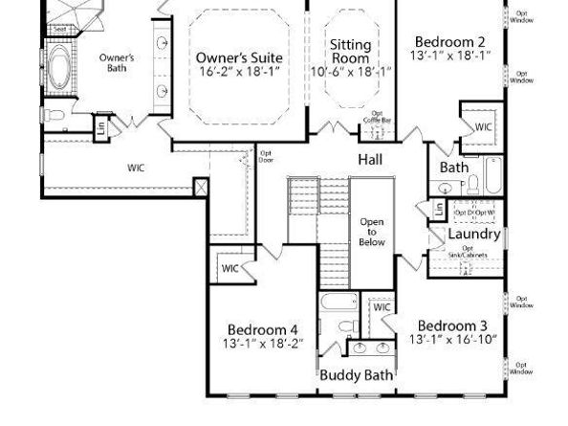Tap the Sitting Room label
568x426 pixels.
pos(351,52)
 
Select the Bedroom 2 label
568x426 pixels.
pos(449,41)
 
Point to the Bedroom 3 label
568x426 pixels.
pos(453,325)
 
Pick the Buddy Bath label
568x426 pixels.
pos(357,375)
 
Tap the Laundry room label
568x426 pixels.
pos(474,234)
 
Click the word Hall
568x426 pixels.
pos(371,158)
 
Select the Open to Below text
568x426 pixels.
pos(371,232)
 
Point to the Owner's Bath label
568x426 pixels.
pos(117,62)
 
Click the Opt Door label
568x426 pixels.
pos(266,156)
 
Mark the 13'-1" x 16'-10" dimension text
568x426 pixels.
pos(453,340)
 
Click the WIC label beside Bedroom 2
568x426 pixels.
pos(483,127)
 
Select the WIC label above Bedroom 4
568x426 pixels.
pos(230,269)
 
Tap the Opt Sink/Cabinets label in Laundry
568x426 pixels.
pos(474,254)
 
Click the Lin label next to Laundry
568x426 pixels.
pos(439,209)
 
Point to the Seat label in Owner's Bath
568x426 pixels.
pos(59,29)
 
